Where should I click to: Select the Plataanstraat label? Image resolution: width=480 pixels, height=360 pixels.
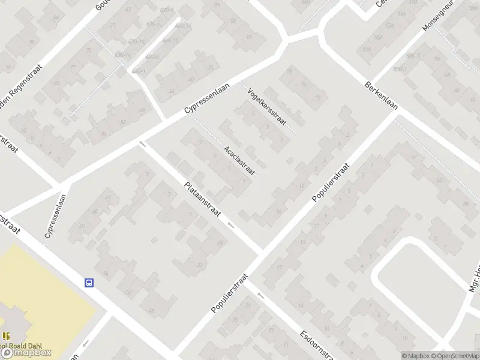click(203, 200)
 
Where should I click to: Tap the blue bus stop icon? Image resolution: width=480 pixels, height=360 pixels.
click(89, 283)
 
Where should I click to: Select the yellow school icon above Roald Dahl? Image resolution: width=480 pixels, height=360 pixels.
click(5, 337)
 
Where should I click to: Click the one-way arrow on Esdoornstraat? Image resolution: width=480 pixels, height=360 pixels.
click(260, 294)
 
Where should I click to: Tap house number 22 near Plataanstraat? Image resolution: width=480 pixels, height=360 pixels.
click(200, 265)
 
